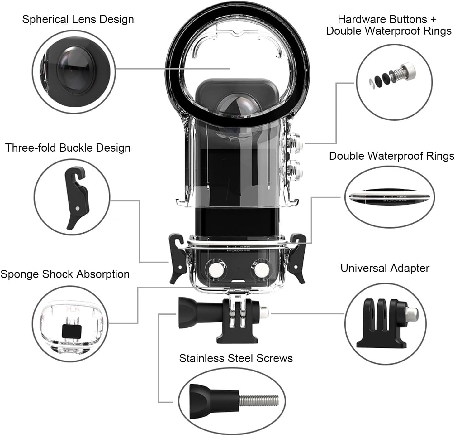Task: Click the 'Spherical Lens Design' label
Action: click(x=78, y=19)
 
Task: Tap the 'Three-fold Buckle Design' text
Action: click(x=68, y=148)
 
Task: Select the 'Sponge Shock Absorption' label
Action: click(x=65, y=274)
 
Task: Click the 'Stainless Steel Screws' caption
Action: click(x=236, y=358)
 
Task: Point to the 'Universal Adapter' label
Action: click(x=385, y=268)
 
